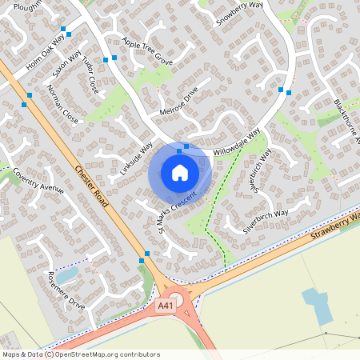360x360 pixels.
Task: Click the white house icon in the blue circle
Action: click(180, 172)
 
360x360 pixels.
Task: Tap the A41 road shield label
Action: click(166, 305)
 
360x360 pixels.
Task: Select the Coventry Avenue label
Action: click(38, 182)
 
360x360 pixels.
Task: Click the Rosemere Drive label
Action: click(66, 290)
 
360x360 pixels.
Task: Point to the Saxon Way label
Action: click(67, 63)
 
